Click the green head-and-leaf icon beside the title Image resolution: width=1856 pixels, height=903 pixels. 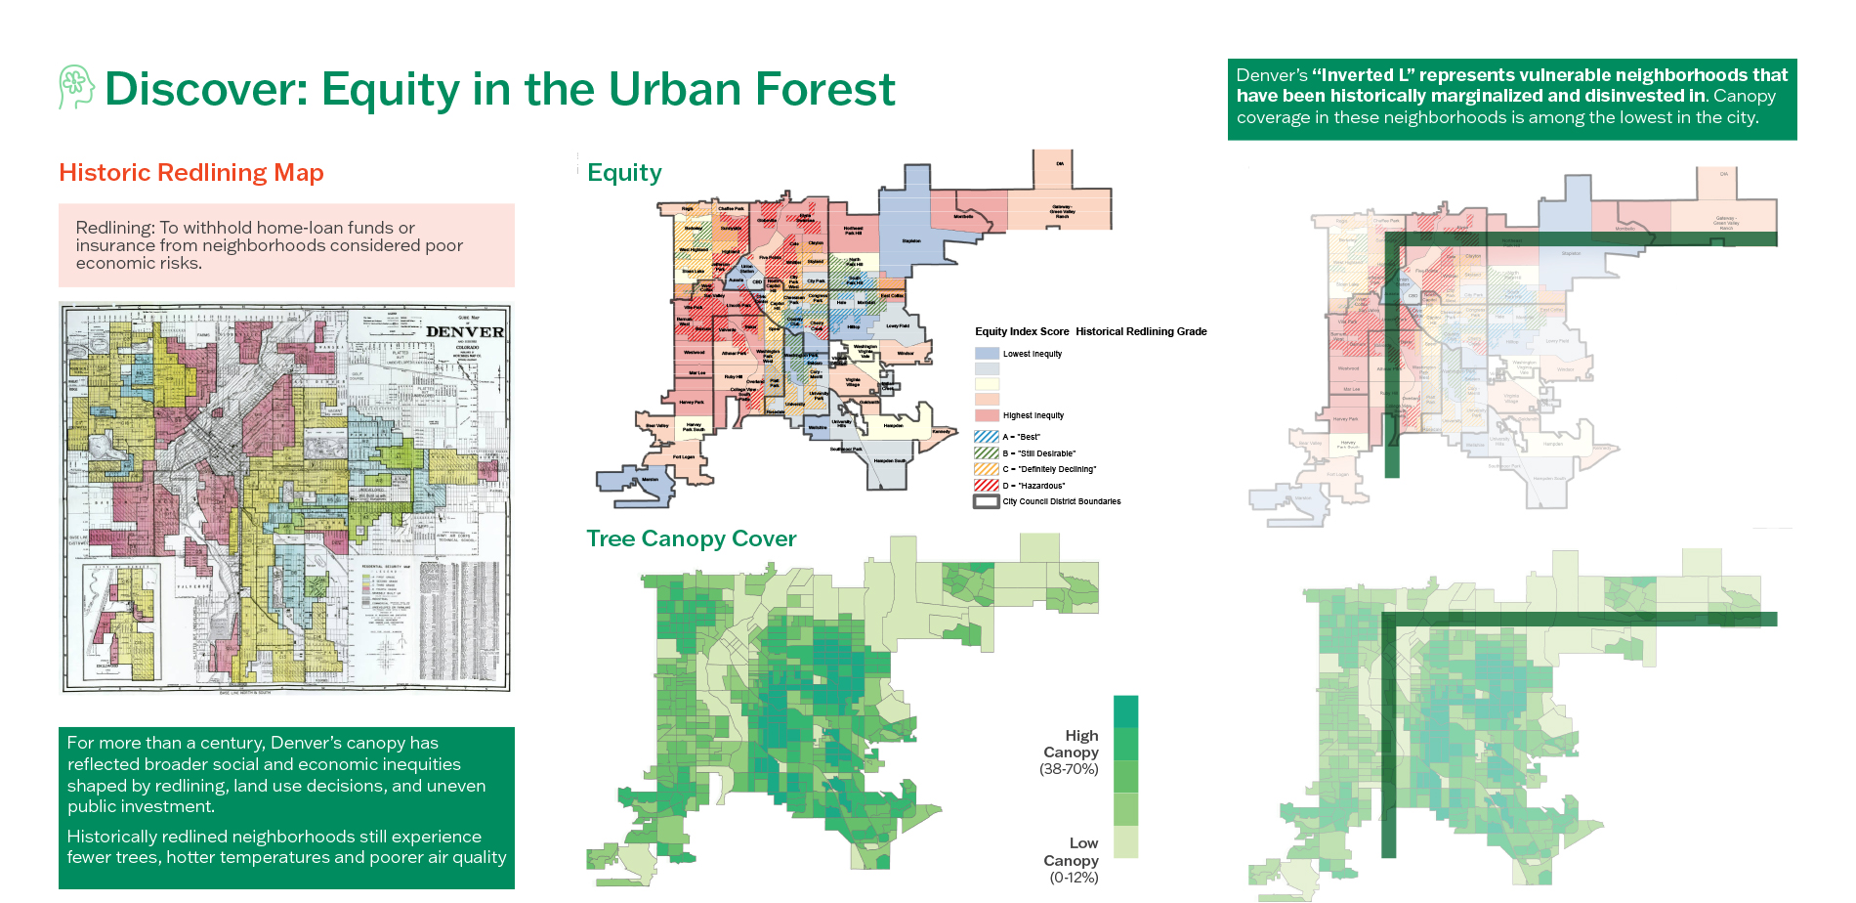click(75, 87)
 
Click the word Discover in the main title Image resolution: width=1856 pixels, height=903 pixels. click(206, 89)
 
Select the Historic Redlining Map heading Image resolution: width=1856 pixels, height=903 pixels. click(191, 173)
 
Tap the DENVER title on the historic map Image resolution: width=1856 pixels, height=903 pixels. click(465, 331)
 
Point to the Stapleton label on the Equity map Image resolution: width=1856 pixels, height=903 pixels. click(911, 240)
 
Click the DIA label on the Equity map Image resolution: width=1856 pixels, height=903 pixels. click(1060, 163)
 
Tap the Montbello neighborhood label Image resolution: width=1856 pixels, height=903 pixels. click(963, 216)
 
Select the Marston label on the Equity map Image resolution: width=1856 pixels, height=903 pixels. click(650, 480)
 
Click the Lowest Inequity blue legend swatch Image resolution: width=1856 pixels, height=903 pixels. click(987, 354)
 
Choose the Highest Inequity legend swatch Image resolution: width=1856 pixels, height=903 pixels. click(987, 415)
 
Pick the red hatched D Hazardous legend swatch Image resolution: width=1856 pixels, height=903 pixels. click(987, 485)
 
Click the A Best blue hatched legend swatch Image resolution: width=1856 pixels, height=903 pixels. click(987, 437)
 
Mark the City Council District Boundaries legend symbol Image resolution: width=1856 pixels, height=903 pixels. click(987, 501)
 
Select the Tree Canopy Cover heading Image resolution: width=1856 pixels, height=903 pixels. click(691, 538)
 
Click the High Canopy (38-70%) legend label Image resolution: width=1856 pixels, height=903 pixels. click(1071, 752)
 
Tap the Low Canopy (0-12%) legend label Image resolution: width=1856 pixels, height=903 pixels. click(1072, 860)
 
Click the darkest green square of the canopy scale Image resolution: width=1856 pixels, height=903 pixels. click(1125, 710)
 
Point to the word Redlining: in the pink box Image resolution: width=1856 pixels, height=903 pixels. click(115, 228)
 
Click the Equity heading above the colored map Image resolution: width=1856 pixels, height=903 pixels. click(624, 173)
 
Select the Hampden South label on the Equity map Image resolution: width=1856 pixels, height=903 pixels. click(889, 460)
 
